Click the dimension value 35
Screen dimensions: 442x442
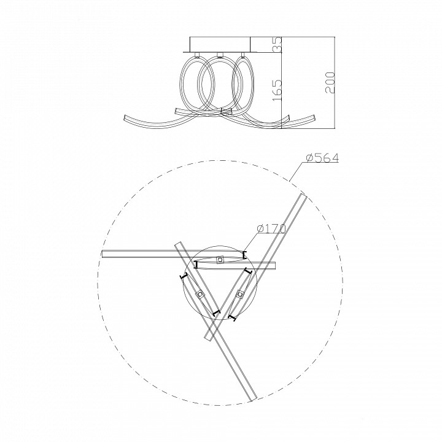point(277,44)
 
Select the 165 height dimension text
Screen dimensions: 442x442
point(277,90)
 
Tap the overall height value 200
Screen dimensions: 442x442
point(330,83)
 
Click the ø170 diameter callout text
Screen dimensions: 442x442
point(271,228)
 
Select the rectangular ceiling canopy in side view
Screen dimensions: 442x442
point(220,44)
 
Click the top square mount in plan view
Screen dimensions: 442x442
point(220,259)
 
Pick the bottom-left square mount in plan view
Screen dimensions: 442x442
point(200,295)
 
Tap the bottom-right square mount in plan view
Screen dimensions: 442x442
point(239,295)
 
